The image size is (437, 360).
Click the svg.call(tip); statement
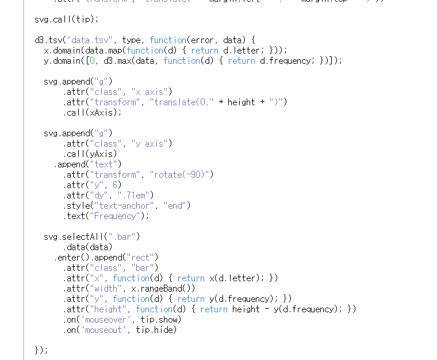[66, 19]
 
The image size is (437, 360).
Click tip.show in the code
[156, 319]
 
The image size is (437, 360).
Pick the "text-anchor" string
[126, 205]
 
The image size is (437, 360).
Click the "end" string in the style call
[177, 205]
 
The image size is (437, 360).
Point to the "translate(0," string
[182, 102]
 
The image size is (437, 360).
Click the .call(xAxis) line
[93, 112]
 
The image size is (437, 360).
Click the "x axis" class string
[151, 91]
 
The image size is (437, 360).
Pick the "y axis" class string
[151, 143]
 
